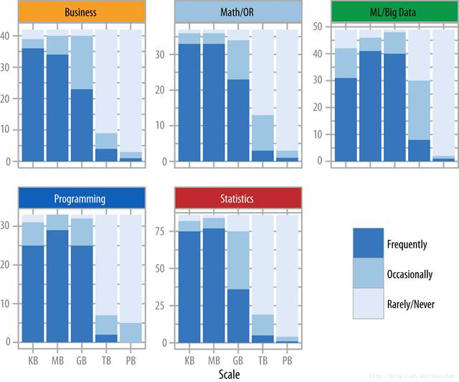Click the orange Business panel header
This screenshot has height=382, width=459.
click(x=80, y=12)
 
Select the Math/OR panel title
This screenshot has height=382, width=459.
click(x=237, y=12)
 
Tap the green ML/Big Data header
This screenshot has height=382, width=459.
click(x=392, y=12)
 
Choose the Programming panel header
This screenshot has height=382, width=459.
click(x=80, y=199)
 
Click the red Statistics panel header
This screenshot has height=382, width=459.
click(x=237, y=199)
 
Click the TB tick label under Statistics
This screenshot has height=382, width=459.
click(x=262, y=359)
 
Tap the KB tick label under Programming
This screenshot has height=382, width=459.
click(x=33, y=359)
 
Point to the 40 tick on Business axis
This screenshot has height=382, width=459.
click(x=8, y=35)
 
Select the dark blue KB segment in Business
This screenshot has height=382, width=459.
click(x=33, y=104)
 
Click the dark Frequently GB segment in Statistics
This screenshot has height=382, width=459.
click(x=238, y=316)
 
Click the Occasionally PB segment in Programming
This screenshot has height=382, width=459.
click(x=131, y=332)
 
